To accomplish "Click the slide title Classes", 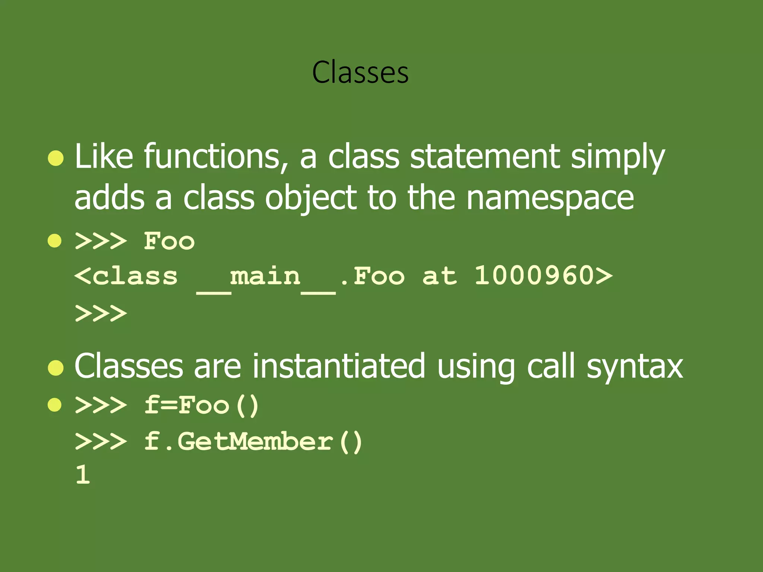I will (x=360, y=72).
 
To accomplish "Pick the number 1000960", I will (x=534, y=276).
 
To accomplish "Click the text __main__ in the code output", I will (x=266, y=277).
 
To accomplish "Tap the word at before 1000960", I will (x=439, y=276).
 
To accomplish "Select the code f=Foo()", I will (x=202, y=405).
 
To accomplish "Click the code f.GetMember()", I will (x=253, y=442).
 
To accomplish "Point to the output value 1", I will (x=83, y=475).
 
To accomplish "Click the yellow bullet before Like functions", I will (x=56, y=158).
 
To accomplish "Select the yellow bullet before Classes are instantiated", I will (x=56, y=368).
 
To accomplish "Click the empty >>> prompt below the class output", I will (x=101, y=313).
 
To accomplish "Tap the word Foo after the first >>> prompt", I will (x=169, y=241).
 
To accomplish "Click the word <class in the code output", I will (x=126, y=276).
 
